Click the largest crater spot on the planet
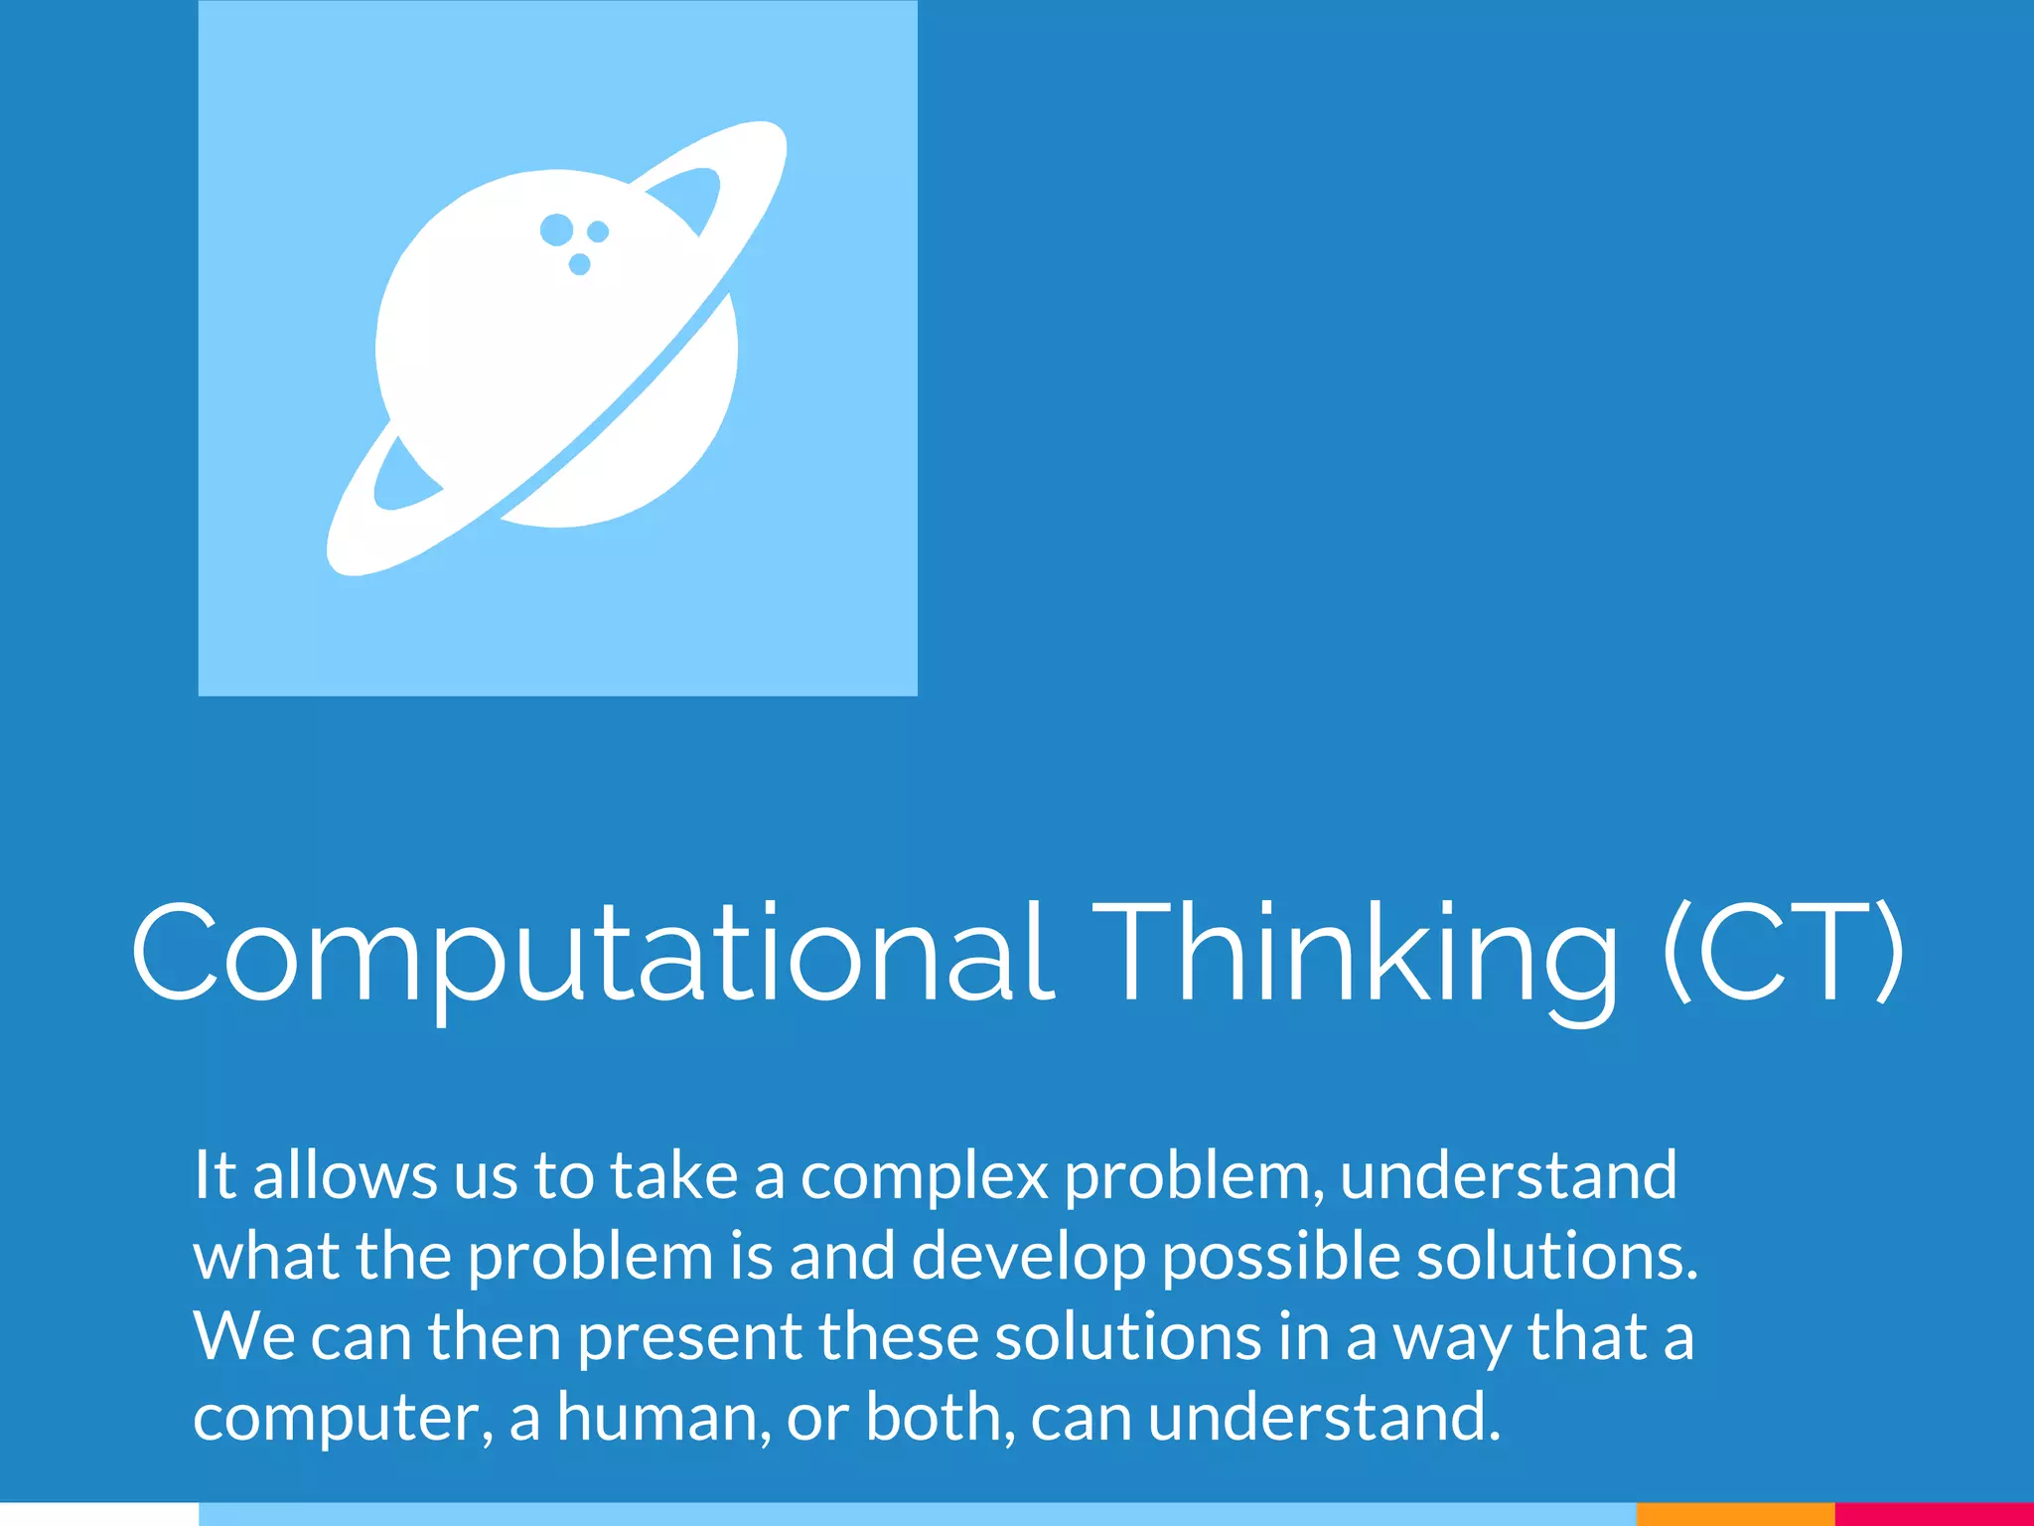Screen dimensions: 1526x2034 point(556,229)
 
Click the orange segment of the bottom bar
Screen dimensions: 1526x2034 point(1734,1514)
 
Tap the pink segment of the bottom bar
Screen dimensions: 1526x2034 point(1934,1514)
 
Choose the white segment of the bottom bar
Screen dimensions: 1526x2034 point(99,1514)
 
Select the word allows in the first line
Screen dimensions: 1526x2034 point(345,1175)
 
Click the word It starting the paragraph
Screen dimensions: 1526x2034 point(215,1175)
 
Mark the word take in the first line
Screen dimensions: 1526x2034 point(673,1175)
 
